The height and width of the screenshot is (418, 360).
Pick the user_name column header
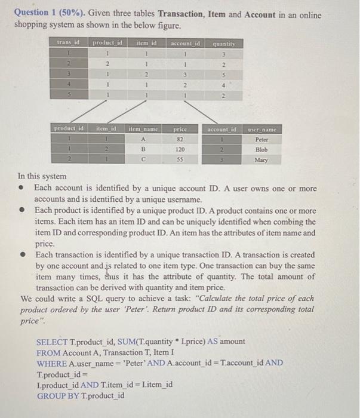260,128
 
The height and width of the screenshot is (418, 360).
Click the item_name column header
143,128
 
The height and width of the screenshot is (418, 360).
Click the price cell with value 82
180,139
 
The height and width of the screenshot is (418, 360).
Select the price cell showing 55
180,161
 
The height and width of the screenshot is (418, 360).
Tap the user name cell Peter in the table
261,139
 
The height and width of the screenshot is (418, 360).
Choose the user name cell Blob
261,150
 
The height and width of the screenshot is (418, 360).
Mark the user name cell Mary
261,161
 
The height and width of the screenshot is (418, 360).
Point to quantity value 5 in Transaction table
224,75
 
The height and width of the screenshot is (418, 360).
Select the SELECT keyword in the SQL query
53,341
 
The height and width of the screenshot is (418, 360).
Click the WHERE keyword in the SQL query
52,363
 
